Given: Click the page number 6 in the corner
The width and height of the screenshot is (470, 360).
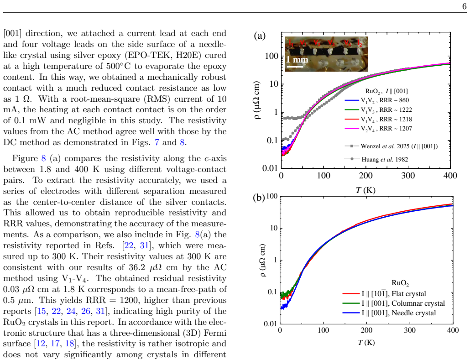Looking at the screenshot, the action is tap(465, 6).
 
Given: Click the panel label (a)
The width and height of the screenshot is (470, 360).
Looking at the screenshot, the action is tap(260, 36).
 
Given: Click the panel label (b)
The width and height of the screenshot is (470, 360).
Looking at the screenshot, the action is tap(259, 198).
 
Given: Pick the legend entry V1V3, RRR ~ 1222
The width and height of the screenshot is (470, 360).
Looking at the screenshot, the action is tap(378, 110).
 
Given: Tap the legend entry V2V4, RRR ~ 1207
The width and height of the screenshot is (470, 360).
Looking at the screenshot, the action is tap(378, 129).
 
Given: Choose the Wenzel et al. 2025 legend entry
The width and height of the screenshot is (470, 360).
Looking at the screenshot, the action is tap(391, 146).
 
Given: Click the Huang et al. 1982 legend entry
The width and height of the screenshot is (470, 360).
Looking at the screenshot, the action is tap(376, 159).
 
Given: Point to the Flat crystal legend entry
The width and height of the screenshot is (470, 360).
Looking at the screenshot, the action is tap(384, 294).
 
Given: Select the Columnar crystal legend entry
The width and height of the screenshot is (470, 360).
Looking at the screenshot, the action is tap(393, 303).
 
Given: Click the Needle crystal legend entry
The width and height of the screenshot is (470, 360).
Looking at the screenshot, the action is tap(389, 313).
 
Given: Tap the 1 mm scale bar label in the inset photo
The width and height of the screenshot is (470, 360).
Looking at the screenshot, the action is tap(297, 60).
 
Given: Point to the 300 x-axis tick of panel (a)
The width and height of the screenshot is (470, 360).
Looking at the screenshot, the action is tap(408, 176).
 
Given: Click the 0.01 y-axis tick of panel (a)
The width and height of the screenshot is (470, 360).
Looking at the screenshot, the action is tap(270, 168).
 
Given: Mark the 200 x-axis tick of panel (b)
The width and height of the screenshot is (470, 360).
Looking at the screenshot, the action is tap(366, 330).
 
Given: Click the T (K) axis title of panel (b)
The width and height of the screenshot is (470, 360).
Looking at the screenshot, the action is tap(366, 342).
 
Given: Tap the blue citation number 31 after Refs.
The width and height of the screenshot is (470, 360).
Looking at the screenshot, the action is tap(144, 245).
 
